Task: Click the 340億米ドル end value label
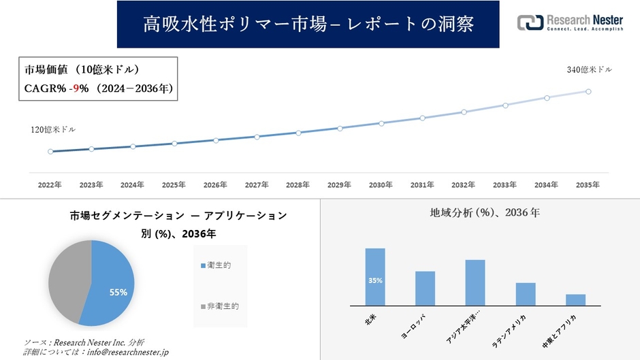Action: (x=590, y=69)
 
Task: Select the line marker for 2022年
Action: (x=50, y=151)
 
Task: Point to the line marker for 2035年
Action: (x=588, y=91)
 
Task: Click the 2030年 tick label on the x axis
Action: (x=381, y=184)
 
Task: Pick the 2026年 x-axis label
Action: (x=215, y=184)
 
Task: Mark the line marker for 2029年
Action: (x=340, y=128)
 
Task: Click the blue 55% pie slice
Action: (x=112, y=282)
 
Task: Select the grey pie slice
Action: (x=68, y=279)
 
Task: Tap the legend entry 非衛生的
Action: (x=219, y=306)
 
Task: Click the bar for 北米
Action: (x=375, y=277)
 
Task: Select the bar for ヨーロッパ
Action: (x=425, y=289)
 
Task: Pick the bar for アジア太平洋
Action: (x=475, y=282)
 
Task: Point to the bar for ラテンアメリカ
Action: (x=526, y=294)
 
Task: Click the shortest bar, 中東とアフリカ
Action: (x=575, y=299)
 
